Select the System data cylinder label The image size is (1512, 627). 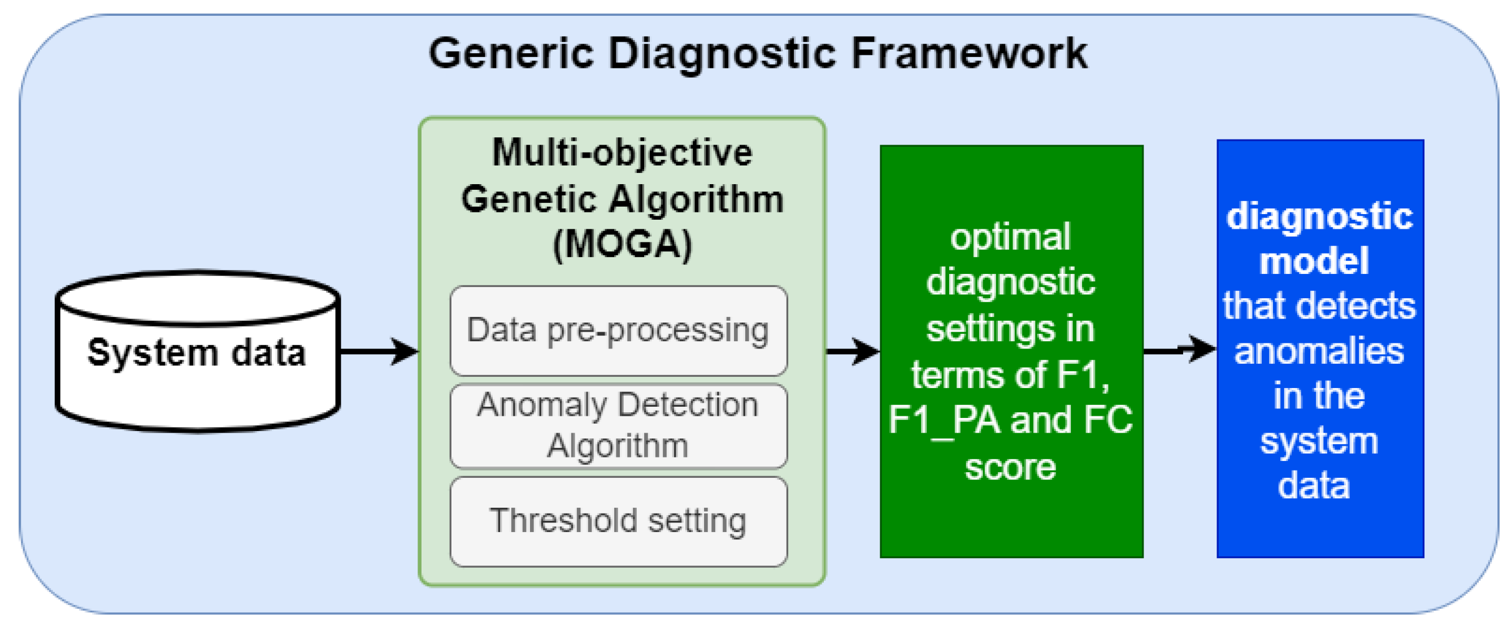coord(197,353)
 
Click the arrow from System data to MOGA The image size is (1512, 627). coord(379,351)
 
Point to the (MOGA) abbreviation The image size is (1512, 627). coord(622,244)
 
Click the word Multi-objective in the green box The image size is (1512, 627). coord(622,153)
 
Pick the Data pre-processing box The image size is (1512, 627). coord(618,330)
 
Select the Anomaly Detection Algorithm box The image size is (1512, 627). coord(618,425)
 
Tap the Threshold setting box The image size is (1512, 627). coord(618,521)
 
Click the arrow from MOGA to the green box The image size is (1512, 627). coord(852,351)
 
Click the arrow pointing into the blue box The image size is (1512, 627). coord(1180,350)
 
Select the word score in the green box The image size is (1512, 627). coord(1010,468)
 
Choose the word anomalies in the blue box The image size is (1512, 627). coord(1319,351)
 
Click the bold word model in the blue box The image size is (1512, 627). coord(1314,261)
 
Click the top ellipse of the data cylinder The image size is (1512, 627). coord(197,298)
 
